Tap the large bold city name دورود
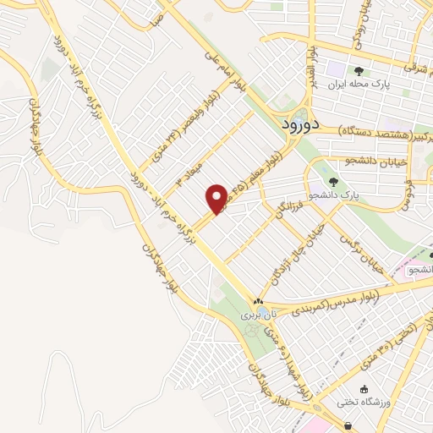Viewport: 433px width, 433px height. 298,124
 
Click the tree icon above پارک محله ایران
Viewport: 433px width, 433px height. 359,71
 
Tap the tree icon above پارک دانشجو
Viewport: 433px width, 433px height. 333,181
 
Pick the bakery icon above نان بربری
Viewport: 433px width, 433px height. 259,301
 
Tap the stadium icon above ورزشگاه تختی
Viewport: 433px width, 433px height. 364,389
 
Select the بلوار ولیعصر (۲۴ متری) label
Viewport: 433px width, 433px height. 181,131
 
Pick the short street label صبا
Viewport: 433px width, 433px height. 155,20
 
